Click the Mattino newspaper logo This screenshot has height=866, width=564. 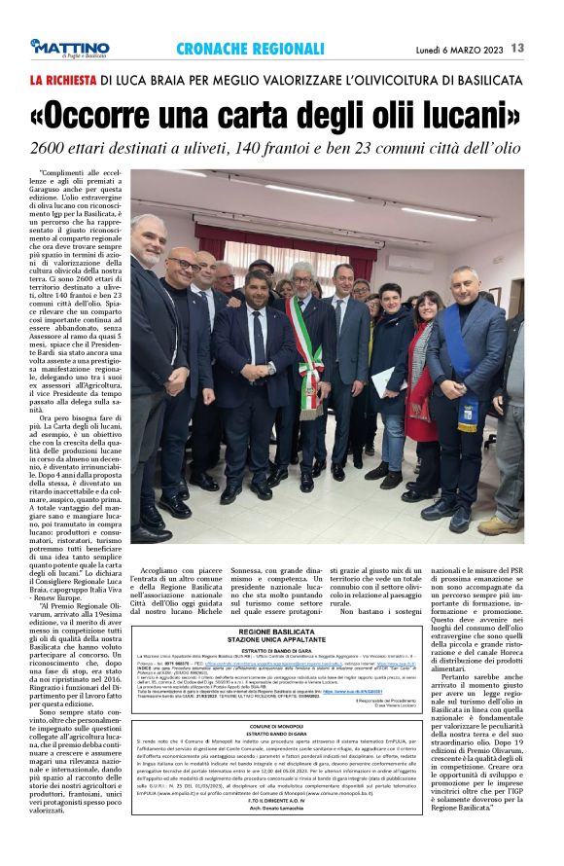(x=69, y=48)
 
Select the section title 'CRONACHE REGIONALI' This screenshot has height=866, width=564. (x=250, y=48)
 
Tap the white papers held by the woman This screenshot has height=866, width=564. (x=384, y=379)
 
